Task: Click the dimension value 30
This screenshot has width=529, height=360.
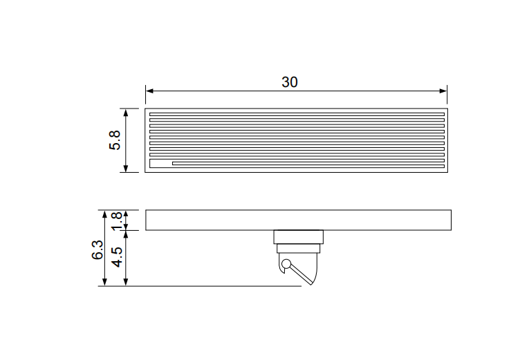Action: point(290,82)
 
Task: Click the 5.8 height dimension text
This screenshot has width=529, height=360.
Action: point(115,140)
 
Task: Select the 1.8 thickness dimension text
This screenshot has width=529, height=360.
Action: point(116,221)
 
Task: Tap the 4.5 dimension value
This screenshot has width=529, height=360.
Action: point(117,257)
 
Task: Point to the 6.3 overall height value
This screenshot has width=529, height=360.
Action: point(98,249)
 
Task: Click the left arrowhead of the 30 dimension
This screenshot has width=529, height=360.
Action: point(149,91)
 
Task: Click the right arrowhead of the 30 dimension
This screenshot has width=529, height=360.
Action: point(443,91)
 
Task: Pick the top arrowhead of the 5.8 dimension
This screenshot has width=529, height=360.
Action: point(126,113)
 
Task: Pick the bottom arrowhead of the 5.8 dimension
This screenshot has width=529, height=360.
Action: point(126,168)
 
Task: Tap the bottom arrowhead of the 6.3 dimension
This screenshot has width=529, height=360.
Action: point(104,282)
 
